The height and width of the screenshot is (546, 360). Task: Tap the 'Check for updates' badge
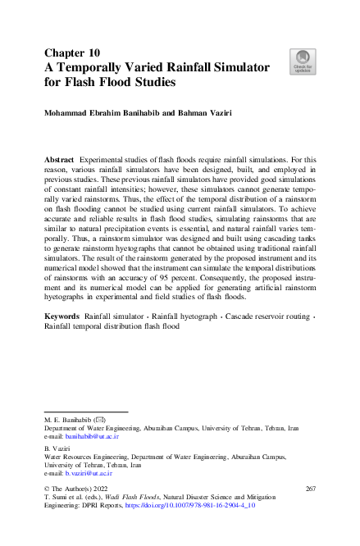(302, 61)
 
